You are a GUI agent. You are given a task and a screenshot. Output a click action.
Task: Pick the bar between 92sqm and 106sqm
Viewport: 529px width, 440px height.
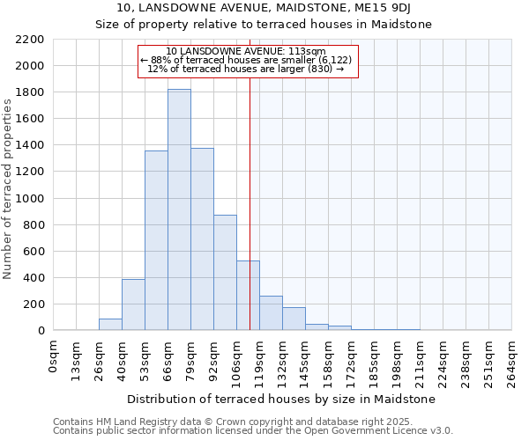(x=225, y=273)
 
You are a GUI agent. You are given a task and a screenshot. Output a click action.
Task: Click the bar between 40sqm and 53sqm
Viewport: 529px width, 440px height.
(x=133, y=304)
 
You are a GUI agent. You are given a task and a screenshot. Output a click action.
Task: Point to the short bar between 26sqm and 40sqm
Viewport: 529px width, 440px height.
(x=110, y=325)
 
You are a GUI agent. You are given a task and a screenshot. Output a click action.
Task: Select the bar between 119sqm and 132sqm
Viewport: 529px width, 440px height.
(x=271, y=313)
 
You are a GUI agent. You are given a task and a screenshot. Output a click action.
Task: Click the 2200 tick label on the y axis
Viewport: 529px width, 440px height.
(x=30, y=40)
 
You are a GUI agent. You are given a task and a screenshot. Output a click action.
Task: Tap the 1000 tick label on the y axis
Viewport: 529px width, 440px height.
(x=30, y=199)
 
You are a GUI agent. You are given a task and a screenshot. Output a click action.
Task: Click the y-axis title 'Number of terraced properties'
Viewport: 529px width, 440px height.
(x=8, y=189)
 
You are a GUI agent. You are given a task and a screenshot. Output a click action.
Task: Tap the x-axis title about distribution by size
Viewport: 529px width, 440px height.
(x=282, y=400)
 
